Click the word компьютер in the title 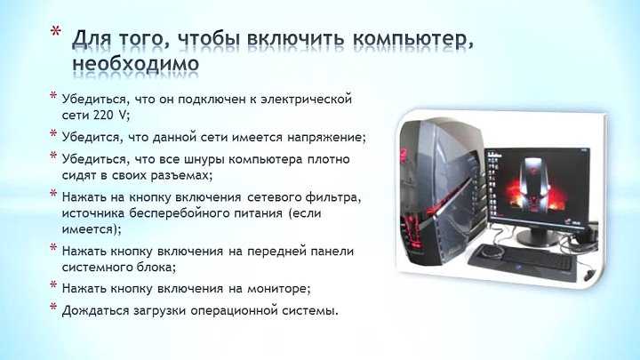point(413,39)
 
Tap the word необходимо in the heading point(136,63)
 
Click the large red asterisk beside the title point(56,32)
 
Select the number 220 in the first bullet point(103,115)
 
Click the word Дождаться point(95,310)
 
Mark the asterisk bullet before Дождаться point(53,306)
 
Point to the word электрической point(306,100)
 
